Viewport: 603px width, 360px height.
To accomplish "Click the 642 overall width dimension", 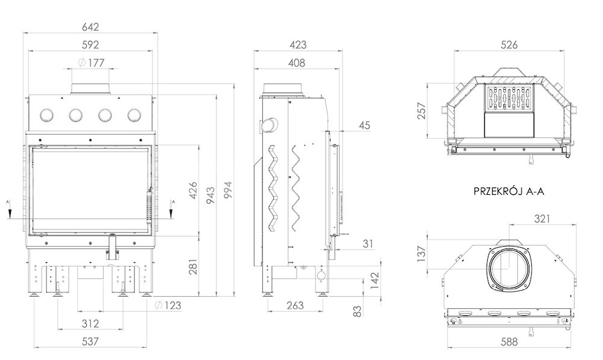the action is click(x=90, y=27).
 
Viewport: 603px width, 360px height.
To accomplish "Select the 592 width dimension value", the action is click(x=90, y=45).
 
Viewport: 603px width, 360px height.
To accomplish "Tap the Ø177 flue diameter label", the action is click(x=91, y=63).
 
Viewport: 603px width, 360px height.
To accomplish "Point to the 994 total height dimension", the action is click(x=229, y=190).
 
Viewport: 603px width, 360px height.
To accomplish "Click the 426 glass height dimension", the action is click(x=193, y=190).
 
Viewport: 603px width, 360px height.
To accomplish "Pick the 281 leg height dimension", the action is click(x=193, y=267).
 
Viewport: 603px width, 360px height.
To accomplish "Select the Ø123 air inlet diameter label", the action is click(x=168, y=306).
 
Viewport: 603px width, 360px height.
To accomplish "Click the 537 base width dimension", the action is click(x=90, y=341).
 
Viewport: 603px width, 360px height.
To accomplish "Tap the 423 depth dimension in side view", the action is click(x=298, y=45).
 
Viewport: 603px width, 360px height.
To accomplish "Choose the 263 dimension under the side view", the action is click(x=295, y=305).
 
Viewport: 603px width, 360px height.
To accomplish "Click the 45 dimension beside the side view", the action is click(x=364, y=125).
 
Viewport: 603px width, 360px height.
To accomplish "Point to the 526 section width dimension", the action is click(x=509, y=45).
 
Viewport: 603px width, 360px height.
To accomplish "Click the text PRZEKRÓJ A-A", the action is click(x=509, y=191).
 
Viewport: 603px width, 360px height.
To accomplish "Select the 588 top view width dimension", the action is click(x=509, y=341).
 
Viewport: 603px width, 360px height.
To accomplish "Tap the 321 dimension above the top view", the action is click(x=542, y=219).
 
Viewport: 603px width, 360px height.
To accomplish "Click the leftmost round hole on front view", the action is click(x=47, y=114).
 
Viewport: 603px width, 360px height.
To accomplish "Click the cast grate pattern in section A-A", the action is click(x=509, y=98).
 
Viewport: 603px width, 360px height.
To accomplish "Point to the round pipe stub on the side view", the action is click(x=269, y=125).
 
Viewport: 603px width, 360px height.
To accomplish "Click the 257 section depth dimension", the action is click(x=422, y=111).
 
